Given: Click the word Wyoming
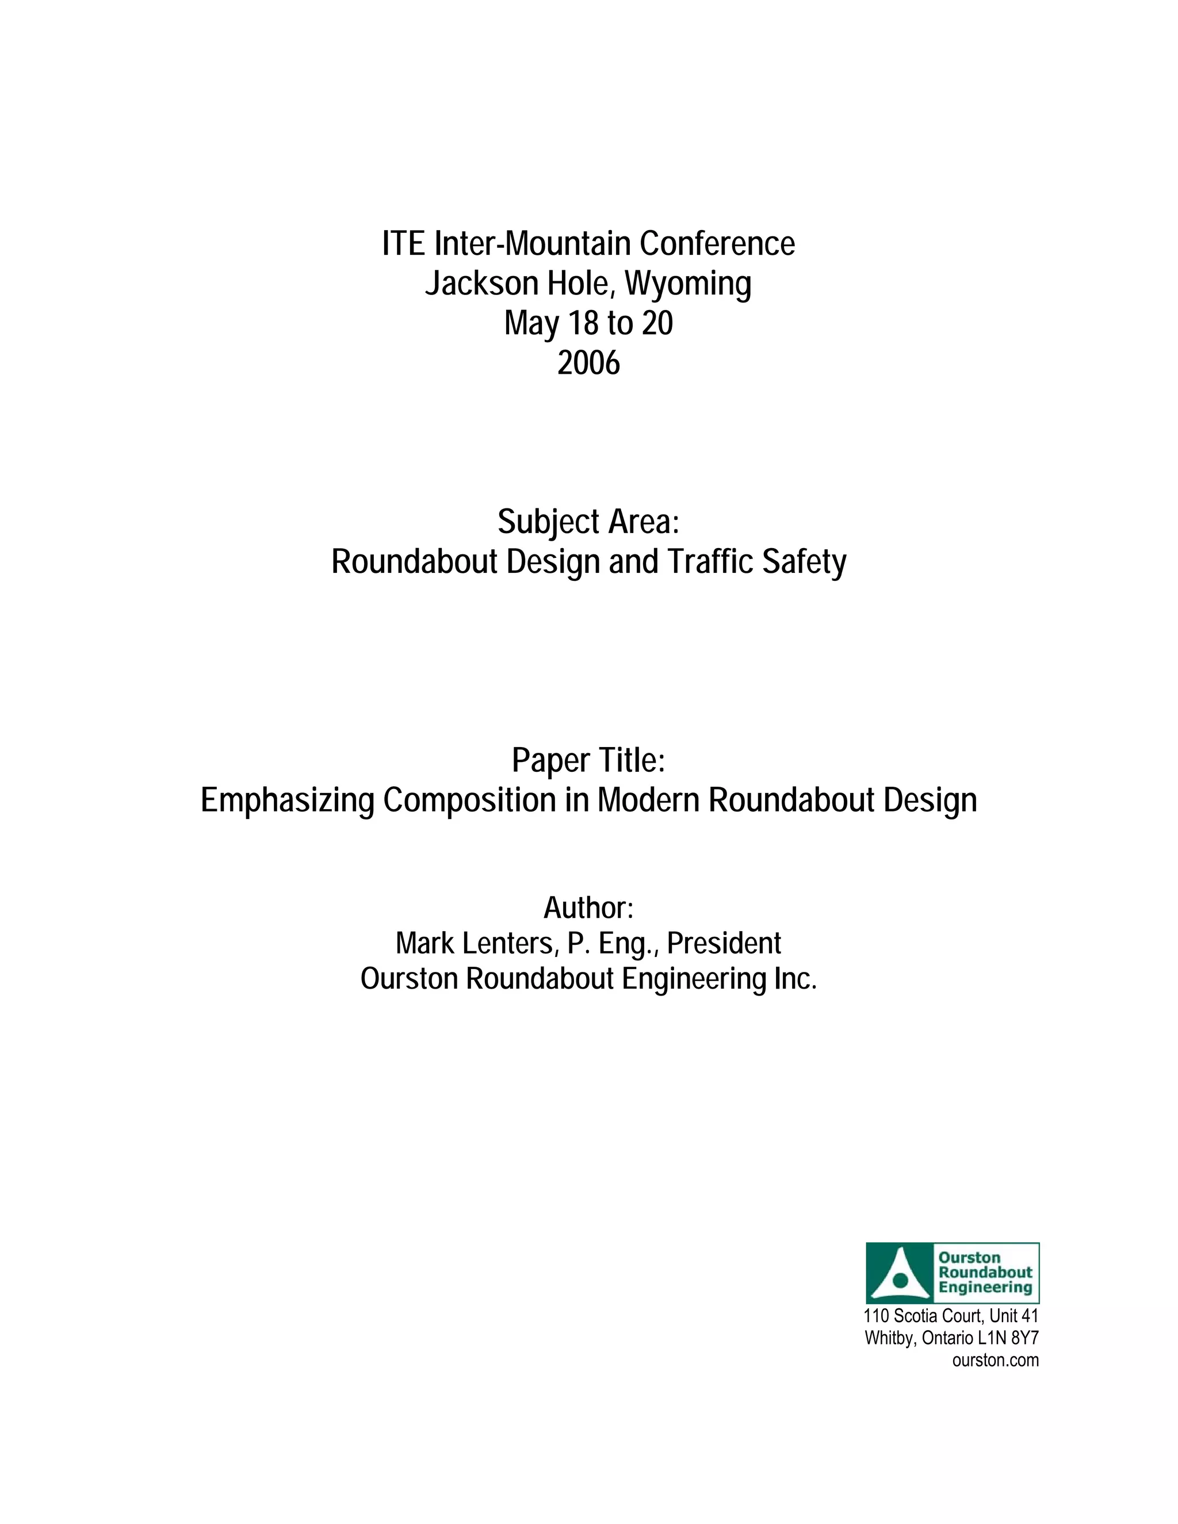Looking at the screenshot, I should tap(687, 284).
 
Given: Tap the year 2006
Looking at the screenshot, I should tap(588, 363).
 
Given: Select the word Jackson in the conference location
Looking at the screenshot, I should tap(481, 284).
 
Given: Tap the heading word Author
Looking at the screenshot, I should tap(588, 908).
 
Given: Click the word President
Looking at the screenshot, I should tap(724, 943).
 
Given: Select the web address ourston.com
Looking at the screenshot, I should tap(995, 1360).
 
